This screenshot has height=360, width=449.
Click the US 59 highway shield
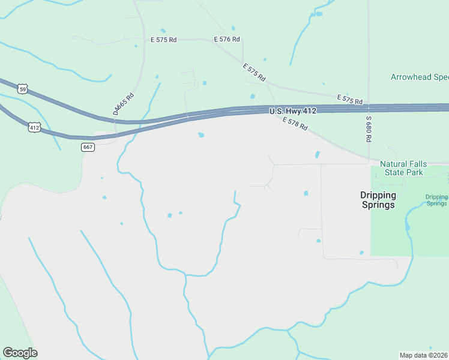(22, 89)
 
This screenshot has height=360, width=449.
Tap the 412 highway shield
(34, 127)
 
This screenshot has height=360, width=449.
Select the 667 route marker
(88, 147)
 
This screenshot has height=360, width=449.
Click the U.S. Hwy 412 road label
(292, 111)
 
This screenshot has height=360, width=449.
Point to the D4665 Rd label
(123, 104)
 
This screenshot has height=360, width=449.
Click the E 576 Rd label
(227, 40)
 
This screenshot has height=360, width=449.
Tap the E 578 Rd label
(295, 124)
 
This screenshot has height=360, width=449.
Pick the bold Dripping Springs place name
(378, 200)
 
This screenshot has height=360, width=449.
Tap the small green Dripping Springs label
(436, 200)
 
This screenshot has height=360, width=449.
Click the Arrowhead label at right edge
(420, 77)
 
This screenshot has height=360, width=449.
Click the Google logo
(20, 353)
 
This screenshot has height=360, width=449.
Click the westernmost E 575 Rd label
(163, 40)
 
